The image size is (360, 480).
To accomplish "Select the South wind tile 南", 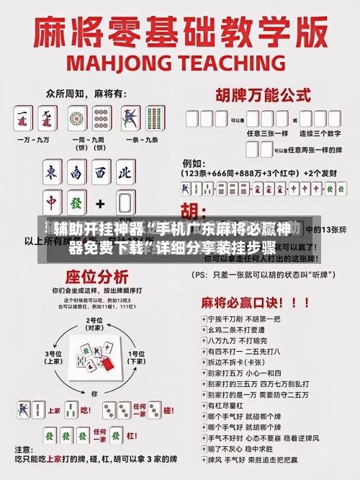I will pyautogui.click(x=76, y=174).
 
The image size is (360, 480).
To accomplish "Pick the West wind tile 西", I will pyautogui.click(x=100, y=174).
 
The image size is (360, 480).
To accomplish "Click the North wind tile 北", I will pyautogui.click(x=124, y=174).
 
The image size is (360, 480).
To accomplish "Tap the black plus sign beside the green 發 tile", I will pyautogui.click(x=100, y=203).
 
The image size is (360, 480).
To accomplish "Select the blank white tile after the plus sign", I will pyautogui.click(x=124, y=203).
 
